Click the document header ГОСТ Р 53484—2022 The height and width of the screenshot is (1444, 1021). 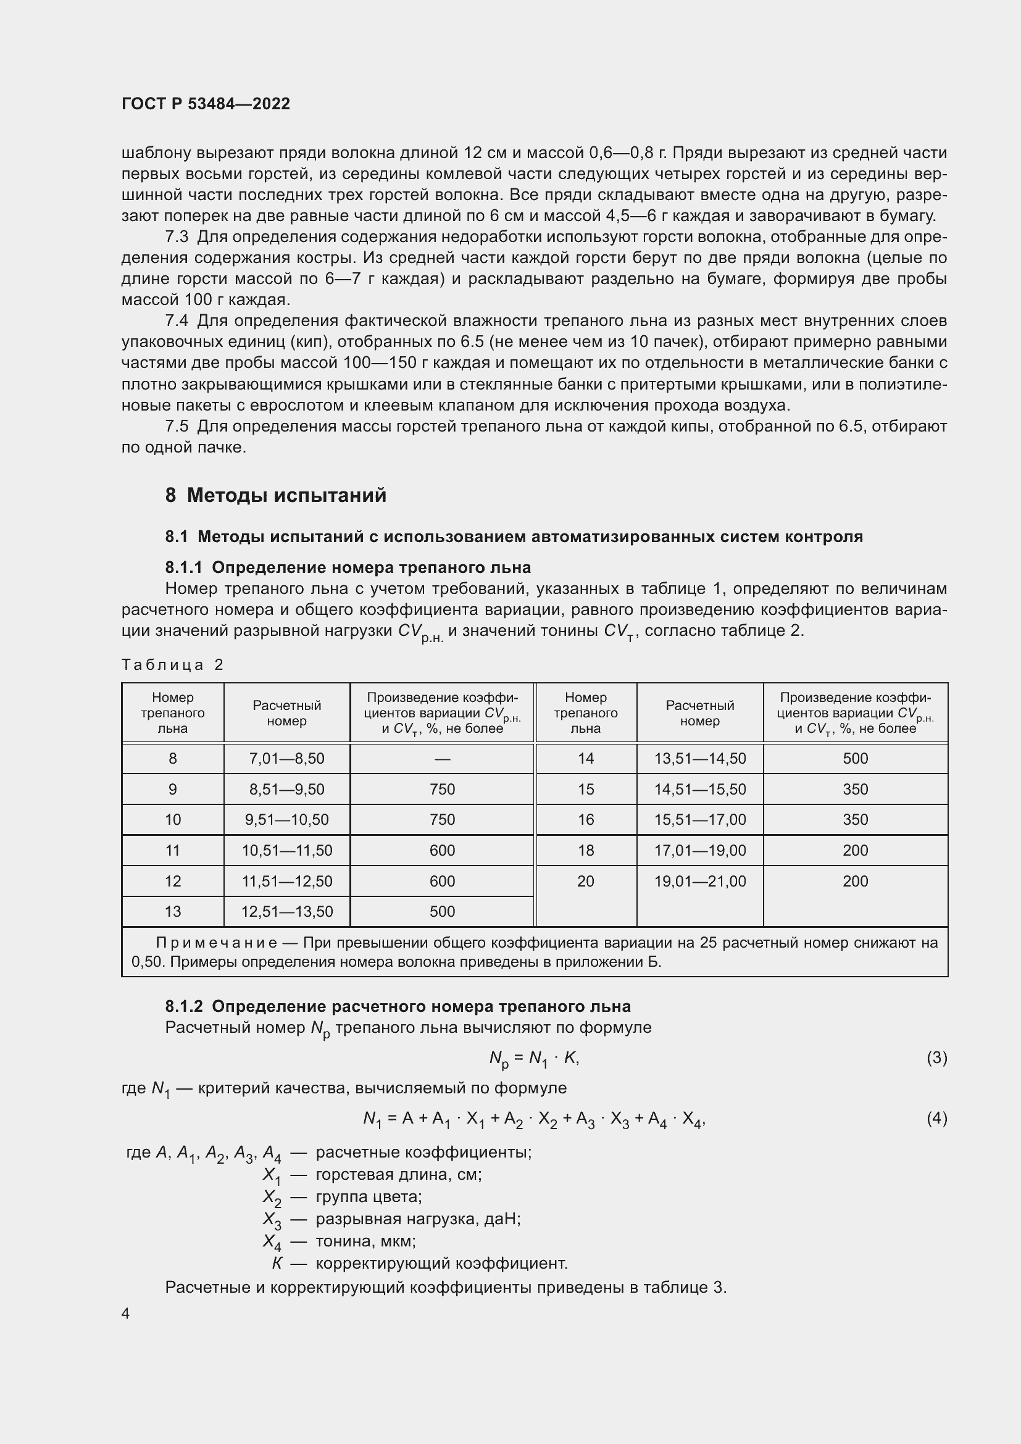coord(206,104)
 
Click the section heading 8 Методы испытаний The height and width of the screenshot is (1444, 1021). coord(275,495)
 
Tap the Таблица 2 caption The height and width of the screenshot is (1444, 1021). coord(172,665)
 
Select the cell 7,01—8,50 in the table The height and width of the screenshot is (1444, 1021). coord(286,759)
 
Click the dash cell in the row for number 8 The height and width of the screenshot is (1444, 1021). coord(442,759)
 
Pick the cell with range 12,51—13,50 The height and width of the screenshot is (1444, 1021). coord(286,911)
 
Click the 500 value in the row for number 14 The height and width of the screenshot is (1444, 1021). coord(855,759)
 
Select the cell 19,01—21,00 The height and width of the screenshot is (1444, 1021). coord(700,881)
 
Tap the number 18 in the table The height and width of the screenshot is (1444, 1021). coord(585,850)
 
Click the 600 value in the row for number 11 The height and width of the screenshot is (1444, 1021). coord(442,850)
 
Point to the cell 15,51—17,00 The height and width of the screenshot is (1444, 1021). coord(700,819)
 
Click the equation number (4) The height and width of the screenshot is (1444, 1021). coord(936,1118)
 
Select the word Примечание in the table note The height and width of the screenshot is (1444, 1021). coord(216,943)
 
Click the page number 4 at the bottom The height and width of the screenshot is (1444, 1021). coord(126,1314)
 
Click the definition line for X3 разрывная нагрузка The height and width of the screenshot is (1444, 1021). coord(417,1219)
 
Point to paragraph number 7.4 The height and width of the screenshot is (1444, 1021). coord(177,321)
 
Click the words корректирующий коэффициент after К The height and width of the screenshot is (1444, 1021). coord(441,1263)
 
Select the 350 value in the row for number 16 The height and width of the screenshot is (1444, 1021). coord(855,819)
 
